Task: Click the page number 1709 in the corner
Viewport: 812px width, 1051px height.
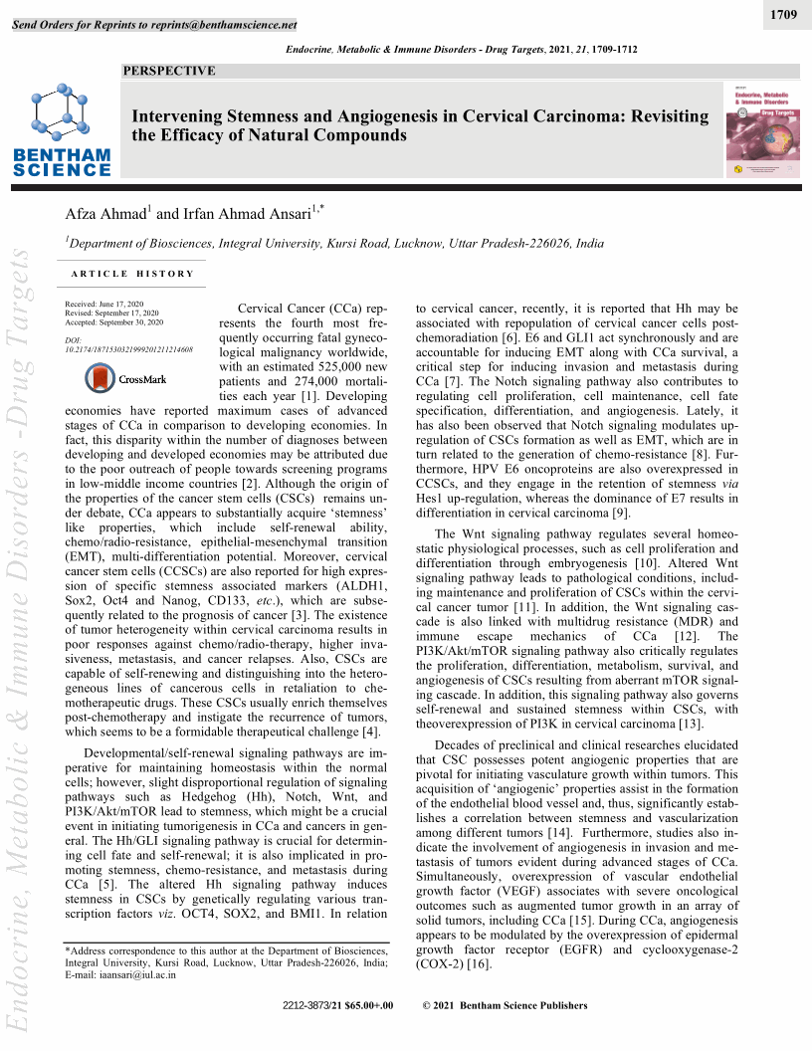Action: point(783,16)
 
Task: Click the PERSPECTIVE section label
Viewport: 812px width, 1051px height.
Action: point(168,71)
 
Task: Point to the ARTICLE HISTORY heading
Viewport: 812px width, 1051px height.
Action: point(132,274)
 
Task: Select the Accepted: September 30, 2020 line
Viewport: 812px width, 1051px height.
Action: point(113,322)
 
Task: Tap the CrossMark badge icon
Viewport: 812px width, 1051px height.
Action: point(127,378)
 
